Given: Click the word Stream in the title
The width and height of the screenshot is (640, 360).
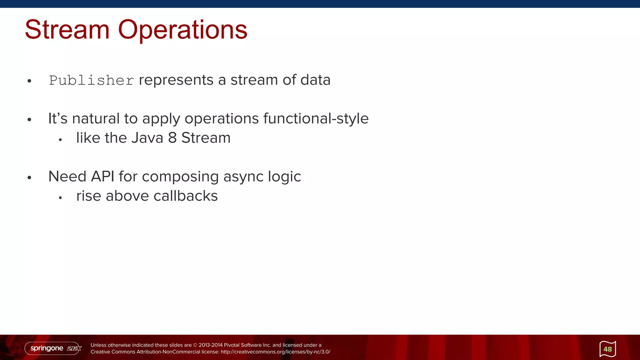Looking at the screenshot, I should tap(67, 30).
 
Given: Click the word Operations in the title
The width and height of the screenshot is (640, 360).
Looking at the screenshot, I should tap(182, 30).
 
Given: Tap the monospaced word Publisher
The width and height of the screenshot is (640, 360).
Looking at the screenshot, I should tap(92, 80).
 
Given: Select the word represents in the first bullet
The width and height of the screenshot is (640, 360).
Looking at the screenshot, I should tap(176, 80).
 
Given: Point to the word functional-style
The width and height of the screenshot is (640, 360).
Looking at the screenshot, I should tap(316, 119).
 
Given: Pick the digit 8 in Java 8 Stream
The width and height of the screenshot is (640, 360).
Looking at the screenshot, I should tap(172, 138).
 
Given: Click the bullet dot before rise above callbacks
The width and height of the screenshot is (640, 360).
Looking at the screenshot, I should tap(60, 197).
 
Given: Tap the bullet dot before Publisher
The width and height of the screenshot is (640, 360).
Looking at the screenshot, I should tap(29, 81).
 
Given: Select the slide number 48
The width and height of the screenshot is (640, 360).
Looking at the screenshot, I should tap(607, 349).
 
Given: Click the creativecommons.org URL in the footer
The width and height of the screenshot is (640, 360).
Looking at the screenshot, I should tap(275, 352).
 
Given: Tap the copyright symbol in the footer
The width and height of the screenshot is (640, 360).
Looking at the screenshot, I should tap(195, 345).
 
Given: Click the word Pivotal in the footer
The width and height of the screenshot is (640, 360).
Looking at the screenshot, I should tap(232, 345).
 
